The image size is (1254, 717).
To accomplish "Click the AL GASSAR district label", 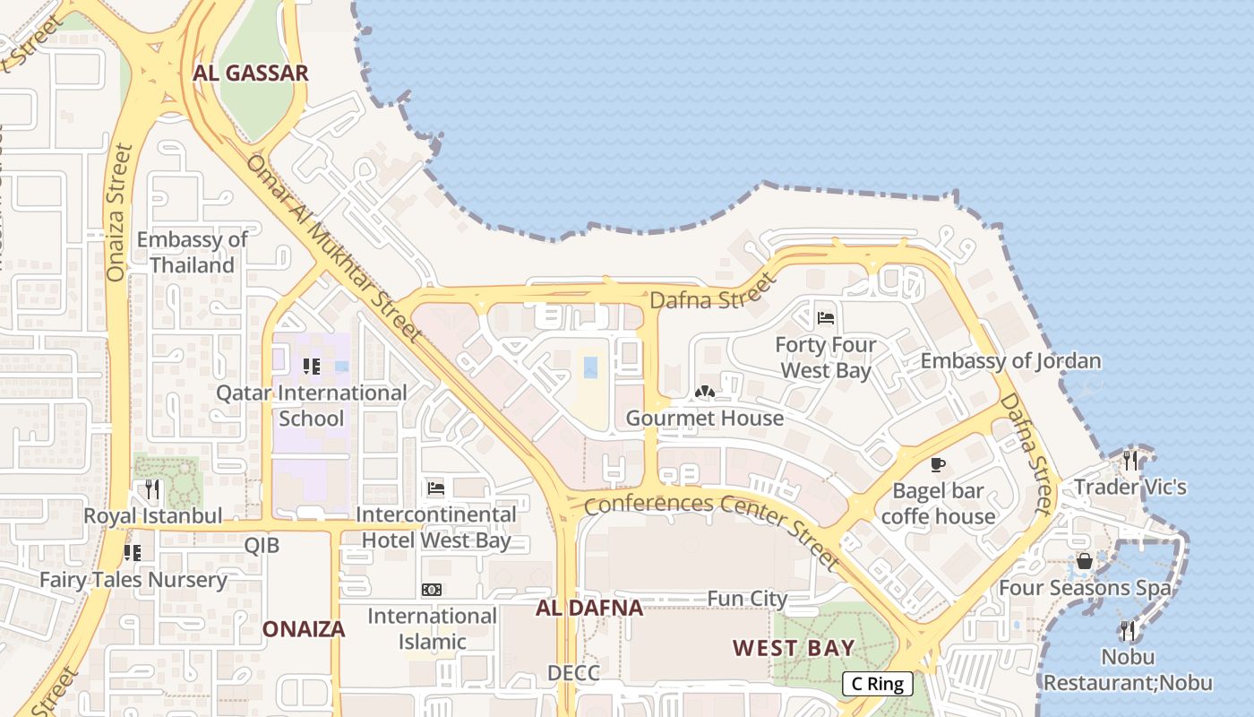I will [251, 73].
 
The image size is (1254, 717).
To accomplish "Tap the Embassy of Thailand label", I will [192, 252].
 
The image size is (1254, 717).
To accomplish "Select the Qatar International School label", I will [312, 405].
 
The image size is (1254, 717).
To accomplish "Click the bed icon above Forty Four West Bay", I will [826, 317].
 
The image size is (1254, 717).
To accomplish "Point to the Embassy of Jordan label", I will [1010, 361].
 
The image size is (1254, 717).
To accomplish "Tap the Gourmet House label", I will [704, 418].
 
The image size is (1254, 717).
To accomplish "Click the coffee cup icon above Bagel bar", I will [937, 464].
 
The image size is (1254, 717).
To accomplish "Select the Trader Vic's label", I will [1129, 487].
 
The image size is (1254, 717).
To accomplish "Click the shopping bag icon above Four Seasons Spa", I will [1084, 561].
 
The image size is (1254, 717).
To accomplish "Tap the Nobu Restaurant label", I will [1128, 669].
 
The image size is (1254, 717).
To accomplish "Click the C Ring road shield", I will [877, 684].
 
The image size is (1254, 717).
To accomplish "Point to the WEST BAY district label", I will [794, 647].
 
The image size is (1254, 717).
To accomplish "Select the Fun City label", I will [747, 598].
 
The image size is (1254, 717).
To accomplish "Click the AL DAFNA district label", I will [589, 608].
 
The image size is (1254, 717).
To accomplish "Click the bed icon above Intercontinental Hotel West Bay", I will [436, 488].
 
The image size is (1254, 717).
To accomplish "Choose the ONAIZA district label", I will [304, 629].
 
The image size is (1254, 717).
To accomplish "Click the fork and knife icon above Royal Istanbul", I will [152, 489].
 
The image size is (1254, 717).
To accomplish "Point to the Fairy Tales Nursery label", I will [133, 579].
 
